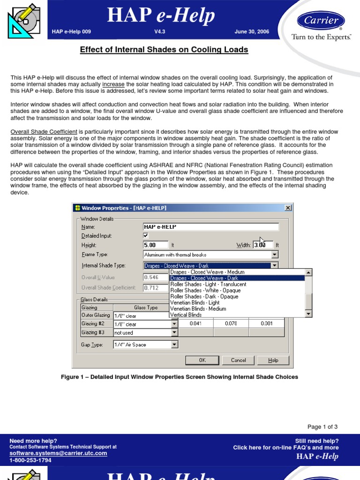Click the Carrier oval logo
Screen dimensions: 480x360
(321, 21)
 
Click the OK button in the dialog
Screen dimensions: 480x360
(202, 360)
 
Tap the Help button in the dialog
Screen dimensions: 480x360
(273, 360)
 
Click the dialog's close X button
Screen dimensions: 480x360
(288, 208)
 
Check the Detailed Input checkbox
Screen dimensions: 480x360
(146, 236)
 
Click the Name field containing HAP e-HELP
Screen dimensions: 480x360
(211, 227)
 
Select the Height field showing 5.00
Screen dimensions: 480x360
(156, 245)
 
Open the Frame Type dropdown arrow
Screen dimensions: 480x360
(275, 255)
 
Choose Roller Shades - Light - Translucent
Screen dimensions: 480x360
(208, 284)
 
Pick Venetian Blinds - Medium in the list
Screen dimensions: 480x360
(198, 309)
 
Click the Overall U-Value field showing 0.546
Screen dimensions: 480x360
(155, 277)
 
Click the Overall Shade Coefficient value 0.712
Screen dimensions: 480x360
(155, 287)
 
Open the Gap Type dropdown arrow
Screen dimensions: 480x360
(174, 345)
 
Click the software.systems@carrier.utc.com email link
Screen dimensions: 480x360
(58, 453)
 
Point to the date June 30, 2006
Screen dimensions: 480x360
(252, 32)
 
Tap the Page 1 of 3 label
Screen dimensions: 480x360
(322, 427)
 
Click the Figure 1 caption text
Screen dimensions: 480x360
(180, 377)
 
